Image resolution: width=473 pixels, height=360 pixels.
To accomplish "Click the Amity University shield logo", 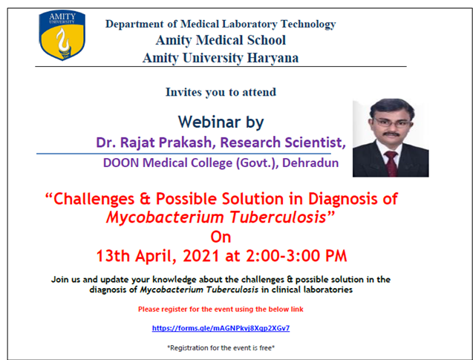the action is point(62,35).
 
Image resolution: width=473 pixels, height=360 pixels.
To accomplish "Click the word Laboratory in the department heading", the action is point(248,24).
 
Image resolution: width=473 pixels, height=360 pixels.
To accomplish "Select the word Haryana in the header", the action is point(273,58).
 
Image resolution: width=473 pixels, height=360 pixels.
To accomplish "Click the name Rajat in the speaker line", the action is point(137,143).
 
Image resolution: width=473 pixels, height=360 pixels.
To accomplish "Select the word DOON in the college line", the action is point(120,163).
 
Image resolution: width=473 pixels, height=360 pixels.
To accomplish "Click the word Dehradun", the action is point(310,163).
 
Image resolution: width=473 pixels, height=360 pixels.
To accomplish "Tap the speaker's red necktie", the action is point(391,163).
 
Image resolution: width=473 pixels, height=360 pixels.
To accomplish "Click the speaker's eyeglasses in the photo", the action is point(393,122).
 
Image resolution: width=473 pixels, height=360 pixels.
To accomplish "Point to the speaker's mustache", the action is point(391,134).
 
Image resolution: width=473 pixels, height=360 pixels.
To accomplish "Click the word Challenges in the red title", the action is point(94,199).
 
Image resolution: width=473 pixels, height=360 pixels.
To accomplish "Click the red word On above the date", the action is point(221,237).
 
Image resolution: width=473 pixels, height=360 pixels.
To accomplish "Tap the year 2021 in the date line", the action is point(201,256).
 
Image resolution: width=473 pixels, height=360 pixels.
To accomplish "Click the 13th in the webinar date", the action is point(113,256).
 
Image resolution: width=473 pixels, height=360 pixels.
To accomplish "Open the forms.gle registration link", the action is point(221,328).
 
